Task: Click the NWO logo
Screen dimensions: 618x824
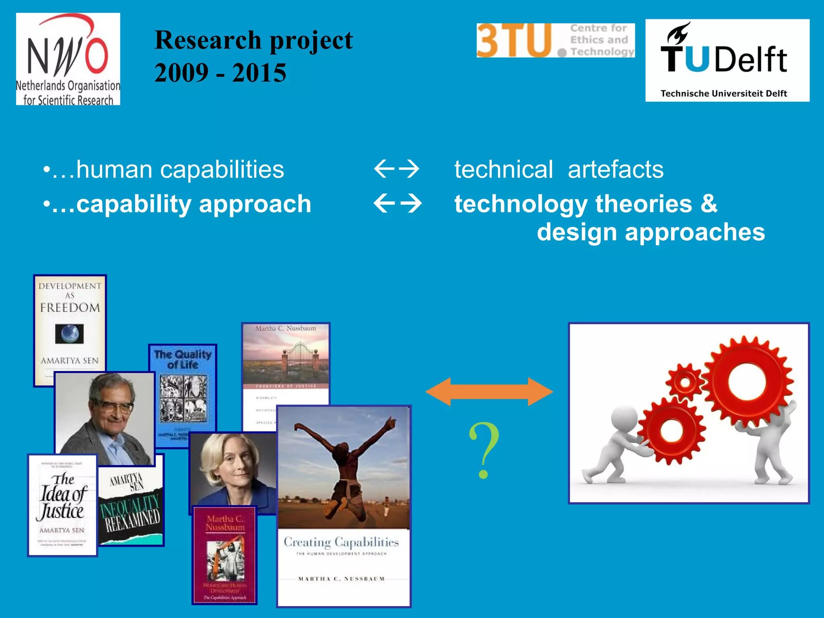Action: [x=68, y=59]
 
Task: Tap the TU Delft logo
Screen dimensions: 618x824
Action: [x=727, y=60]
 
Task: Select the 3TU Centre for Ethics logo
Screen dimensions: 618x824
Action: [x=555, y=40]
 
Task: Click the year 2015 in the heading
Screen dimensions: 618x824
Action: [x=259, y=73]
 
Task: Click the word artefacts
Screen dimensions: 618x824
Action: [x=616, y=169]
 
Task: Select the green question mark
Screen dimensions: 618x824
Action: [x=484, y=451]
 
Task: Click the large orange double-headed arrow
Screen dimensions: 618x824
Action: [x=489, y=391]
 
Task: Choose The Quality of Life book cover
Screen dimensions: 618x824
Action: [x=183, y=386]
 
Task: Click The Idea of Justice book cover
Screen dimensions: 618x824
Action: [x=62, y=505]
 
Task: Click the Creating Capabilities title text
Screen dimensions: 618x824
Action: [x=341, y=542]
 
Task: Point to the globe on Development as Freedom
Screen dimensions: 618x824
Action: [x=70, y=334]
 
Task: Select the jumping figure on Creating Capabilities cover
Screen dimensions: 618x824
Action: [x=344, y=463]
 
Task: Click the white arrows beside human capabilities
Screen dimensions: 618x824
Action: [x=397, y=169]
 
